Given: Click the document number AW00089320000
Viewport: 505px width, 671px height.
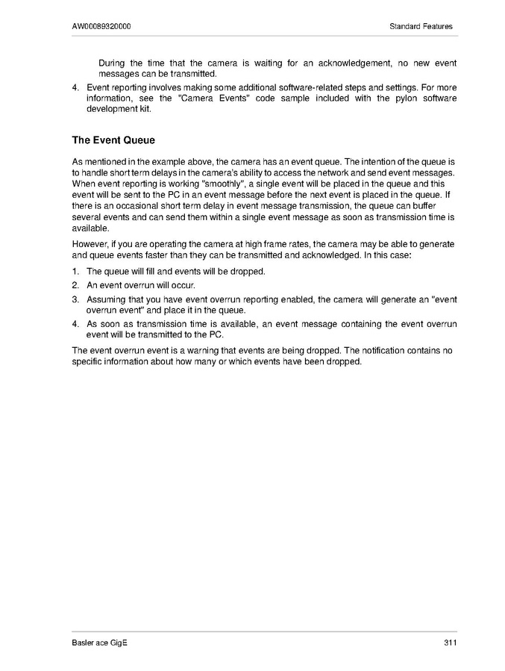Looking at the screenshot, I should (x=103, y=27).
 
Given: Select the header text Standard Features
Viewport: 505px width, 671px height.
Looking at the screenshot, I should (x=421, y=27).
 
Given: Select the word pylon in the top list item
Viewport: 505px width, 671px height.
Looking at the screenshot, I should (x=387, y=99).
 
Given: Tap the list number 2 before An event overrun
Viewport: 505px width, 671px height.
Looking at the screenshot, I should (x=75, y=285).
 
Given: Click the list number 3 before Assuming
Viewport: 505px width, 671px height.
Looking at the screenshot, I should (x=75, y=299).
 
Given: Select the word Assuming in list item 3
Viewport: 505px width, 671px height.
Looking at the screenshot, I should (x=107, y=299).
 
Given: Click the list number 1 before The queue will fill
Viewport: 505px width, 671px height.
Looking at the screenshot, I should (x=75, y=271).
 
